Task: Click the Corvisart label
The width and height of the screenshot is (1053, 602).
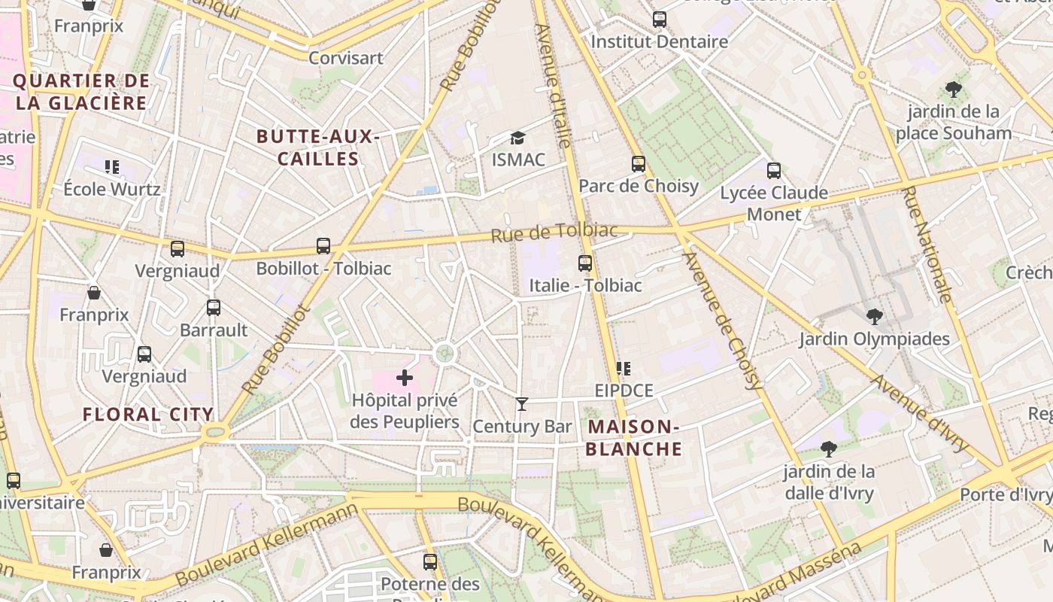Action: coord(346,58)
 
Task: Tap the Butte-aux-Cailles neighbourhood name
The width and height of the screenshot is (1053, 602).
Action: coord(317,147)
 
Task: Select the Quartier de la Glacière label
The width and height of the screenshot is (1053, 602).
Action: coord(81,92)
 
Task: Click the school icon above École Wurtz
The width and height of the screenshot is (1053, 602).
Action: coord(112,166)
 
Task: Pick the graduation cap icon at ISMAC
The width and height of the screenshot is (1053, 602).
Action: coord(517,138)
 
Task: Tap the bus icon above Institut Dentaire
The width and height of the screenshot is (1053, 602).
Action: coord(660,20)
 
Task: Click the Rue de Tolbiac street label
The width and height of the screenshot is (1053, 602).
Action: coord(554,233)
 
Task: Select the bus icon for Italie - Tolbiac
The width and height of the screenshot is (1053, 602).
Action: coord(585,263)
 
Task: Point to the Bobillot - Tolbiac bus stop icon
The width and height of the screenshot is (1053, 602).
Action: coord(323,246)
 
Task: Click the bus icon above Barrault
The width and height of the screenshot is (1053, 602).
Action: coord(214,308)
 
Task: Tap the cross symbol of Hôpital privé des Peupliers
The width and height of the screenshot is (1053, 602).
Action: coord(405,378)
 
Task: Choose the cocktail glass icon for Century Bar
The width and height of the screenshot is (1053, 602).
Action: coord(522,404)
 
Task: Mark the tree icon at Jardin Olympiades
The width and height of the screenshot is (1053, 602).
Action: coord(874,317)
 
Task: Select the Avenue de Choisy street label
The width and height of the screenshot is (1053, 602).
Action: coord(723,320)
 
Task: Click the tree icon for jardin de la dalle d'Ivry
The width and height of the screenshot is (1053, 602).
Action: coord(829,449)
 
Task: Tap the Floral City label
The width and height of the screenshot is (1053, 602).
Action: coord(148,415)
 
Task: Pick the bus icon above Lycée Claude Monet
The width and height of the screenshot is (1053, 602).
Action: coord(774,171)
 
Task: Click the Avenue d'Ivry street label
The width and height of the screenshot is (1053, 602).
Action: coord(921,414)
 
